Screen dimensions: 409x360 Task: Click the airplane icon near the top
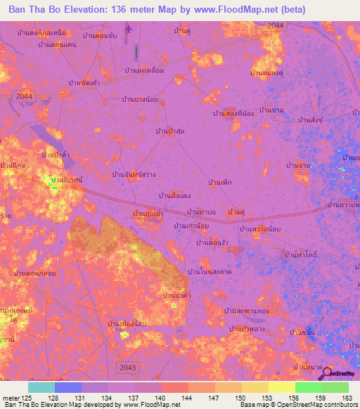pos(128,29)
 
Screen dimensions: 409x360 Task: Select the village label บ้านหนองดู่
pos(266,72)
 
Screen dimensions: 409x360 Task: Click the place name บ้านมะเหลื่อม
pos(144,71)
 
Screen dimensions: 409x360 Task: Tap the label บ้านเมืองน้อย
pos(127,324)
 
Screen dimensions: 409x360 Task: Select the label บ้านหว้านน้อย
pos(261,228)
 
